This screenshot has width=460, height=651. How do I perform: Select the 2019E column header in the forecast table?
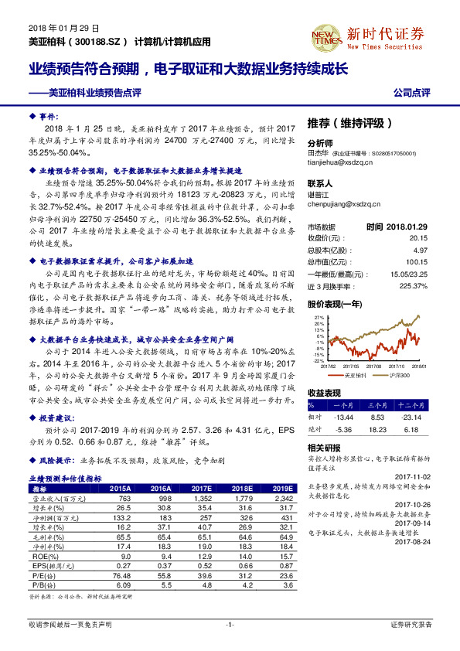[281, 488]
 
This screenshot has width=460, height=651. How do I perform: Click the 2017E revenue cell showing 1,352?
[201, 498]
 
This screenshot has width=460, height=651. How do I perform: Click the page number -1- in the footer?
[230, 623]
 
